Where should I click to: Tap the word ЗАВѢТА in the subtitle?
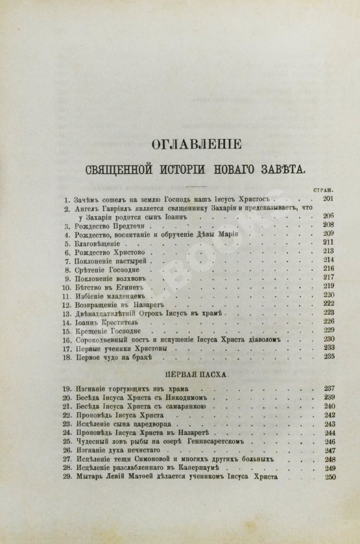pyautogui.click(x=274, y=171)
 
